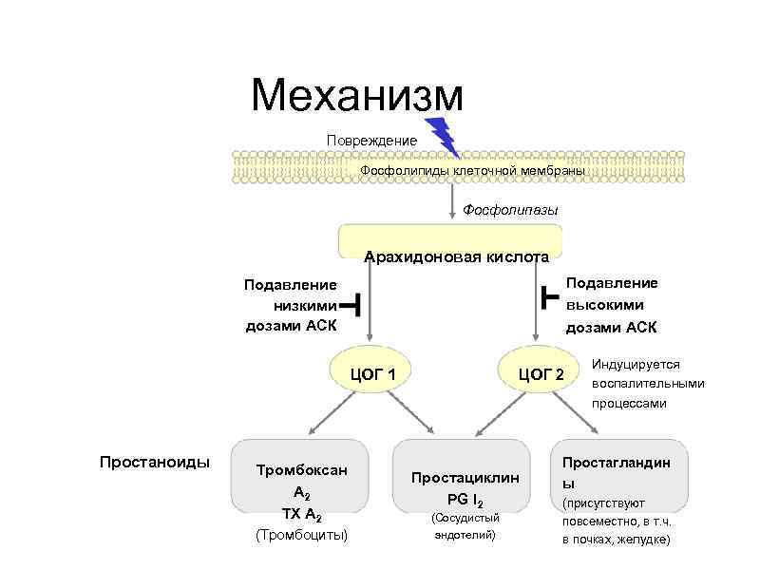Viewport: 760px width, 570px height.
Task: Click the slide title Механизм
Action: [x=357, y=96]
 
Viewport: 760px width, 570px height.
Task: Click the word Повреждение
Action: [x=371, y=141]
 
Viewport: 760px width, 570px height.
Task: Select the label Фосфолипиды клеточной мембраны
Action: [x=472, y=169]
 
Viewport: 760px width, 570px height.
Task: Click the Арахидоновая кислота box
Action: [x=450, y=241]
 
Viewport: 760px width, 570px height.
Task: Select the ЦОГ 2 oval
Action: [x=539, y=373]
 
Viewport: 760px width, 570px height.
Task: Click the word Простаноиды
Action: [x=155, y=463]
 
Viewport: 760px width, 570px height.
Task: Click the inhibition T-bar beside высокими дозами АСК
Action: [x=547, y=296]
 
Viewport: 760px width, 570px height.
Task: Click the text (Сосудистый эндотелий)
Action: [x=465, y=527]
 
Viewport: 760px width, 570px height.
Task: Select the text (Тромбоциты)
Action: [x=302, y=536]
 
